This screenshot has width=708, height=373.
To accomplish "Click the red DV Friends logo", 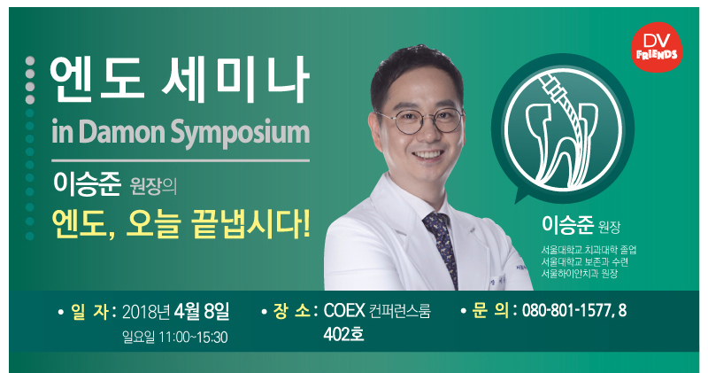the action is (657, 48).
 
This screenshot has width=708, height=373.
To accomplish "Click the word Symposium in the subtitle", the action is (240, 133).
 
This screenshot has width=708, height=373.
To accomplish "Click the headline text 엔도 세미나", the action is (180, 80).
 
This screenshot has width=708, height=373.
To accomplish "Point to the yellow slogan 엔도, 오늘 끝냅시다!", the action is (181, 224).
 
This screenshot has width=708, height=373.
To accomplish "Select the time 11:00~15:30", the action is (193, 338).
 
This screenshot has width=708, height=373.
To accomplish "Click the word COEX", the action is (344, 311).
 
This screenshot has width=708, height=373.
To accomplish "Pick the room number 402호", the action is (343, 335).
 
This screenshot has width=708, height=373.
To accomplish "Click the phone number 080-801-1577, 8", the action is (574, 311).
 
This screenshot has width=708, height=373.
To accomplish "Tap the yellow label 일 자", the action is (89, 312).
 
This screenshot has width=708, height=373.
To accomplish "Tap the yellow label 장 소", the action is (292, 311).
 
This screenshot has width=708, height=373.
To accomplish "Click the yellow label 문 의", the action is (490, 311).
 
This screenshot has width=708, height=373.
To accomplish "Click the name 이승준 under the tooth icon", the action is (567, 224).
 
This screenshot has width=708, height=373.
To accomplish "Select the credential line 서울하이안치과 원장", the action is (580, 274).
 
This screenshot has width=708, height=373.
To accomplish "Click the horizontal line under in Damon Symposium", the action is (181, 160).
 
